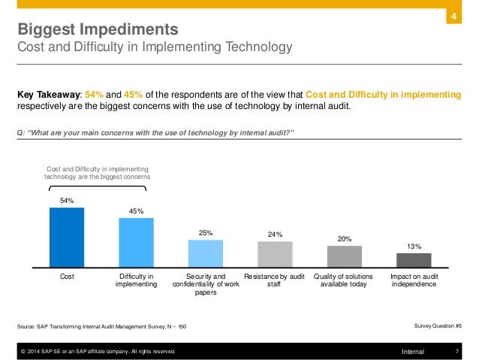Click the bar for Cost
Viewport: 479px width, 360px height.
point(67,237)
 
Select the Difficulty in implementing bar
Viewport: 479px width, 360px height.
point(136,242)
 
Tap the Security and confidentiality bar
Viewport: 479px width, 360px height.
point(206,253)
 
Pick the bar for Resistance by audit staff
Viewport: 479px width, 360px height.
point(275,253)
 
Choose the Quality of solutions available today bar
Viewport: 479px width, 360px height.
point(344,256)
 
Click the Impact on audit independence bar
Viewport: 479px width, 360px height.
point(414,260)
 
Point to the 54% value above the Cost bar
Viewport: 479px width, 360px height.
point(67,201)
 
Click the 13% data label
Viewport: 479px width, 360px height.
point(414,246)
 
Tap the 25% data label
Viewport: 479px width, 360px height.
point(206,233)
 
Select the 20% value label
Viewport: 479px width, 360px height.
point(344,239)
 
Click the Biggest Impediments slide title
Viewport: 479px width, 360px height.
point(98,30)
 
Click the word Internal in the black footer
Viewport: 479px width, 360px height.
point(413,351)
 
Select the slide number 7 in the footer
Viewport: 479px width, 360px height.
point(457,351)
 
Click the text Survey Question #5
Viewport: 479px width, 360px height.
point(438,325)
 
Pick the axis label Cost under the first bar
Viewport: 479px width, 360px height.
point(67,277)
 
